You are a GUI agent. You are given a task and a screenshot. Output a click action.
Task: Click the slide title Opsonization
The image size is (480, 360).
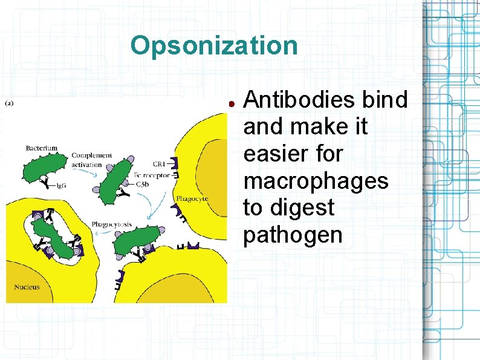coord(214,45)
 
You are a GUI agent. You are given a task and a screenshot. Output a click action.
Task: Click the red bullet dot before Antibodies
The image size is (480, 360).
coord(232,103)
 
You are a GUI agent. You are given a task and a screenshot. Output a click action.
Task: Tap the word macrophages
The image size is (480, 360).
coord(316,181)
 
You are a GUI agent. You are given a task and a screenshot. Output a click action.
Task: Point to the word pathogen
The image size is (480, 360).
coord(293,235)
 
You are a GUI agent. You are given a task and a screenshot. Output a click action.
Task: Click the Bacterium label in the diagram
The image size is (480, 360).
coord(42,148)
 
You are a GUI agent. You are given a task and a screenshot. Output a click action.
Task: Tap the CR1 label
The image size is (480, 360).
coord(160,164)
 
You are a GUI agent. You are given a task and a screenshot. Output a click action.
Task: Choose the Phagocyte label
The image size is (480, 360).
coord(192,198)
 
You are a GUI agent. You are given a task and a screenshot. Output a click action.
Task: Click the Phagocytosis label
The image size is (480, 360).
coord(112,224)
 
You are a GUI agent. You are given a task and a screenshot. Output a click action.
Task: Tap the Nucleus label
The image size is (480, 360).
coord(27,286)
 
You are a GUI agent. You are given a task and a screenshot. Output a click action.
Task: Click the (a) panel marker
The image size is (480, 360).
coord(11,103)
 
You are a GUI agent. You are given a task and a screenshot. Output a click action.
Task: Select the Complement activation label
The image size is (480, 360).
coord(91,160)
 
